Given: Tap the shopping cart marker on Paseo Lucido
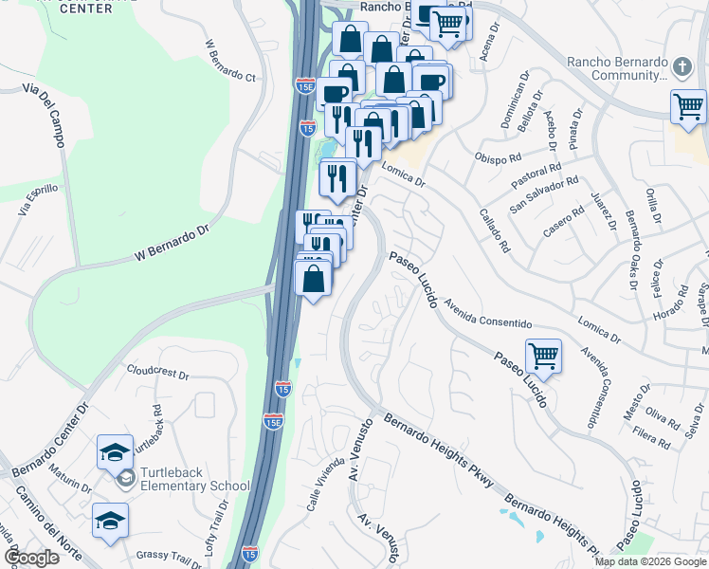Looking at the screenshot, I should (543, 357).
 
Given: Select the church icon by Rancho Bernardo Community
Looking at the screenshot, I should (683, 65).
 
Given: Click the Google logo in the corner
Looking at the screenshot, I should (31, 557).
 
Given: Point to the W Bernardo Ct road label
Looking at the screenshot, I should (231, 61).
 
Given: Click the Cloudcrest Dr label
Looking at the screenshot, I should (157, 372).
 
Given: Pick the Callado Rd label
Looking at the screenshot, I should (494, 229).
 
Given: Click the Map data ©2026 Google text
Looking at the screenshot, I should (649, 561).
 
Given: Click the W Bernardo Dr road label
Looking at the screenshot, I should (170, 243).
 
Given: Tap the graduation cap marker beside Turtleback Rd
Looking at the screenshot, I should (115, 451).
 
